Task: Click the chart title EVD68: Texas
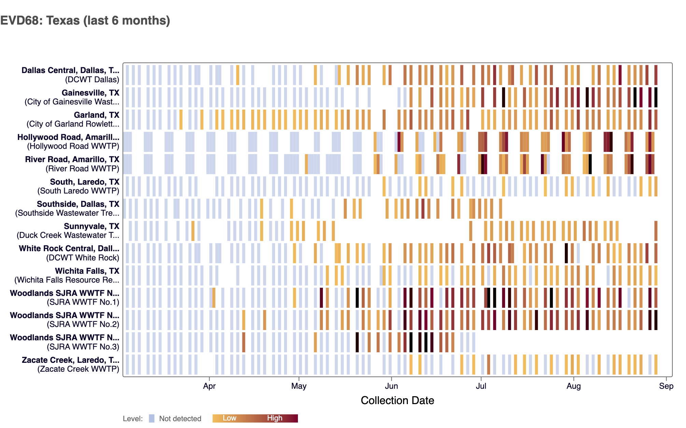pos(85,20)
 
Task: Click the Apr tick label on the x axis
pos(209,386)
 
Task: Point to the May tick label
pos(299,386)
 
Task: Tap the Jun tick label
pos(391,386)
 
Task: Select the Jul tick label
pos(481,386)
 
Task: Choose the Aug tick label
pos(573,386)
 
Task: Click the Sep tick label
pos(666,386)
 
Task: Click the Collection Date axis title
pos(397,400)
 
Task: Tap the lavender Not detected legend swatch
pos(152,418)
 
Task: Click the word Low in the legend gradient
pos(229,418)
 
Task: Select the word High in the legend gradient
pos(274,418)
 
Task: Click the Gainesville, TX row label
pos(90,93)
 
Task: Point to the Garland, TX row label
pos(97,115)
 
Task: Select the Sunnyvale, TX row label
pos(91,226)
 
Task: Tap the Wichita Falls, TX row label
pos(87,271)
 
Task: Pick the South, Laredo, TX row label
pos(85,182)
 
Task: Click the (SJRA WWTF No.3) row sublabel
pos(83,347)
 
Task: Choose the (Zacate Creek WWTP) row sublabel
pos(78,369)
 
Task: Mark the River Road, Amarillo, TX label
pos(72,159)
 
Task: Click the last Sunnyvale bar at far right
pos(656,231)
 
